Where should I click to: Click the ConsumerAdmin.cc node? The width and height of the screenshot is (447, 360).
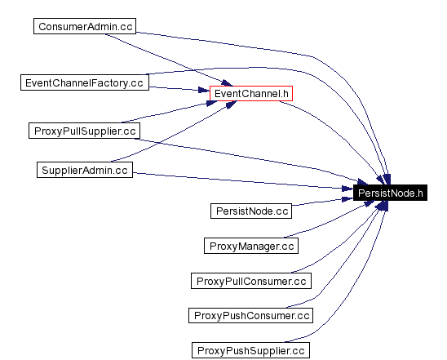85,26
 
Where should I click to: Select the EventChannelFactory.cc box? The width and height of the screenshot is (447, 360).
84,82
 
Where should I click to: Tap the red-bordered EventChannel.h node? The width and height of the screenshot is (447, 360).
251,94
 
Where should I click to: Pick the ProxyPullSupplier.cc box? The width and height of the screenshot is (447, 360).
84,131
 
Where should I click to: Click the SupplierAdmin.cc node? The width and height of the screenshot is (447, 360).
85,170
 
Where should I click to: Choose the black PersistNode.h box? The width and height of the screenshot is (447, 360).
391,193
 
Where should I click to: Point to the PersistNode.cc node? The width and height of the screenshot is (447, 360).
251,211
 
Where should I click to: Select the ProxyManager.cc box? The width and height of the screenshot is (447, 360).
251,246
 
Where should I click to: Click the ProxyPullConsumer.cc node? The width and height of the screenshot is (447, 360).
251,281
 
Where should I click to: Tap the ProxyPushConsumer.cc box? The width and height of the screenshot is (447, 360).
251,316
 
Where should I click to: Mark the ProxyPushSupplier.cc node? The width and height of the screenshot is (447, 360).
251,351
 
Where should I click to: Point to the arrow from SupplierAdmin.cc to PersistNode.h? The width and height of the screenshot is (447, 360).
245,180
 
